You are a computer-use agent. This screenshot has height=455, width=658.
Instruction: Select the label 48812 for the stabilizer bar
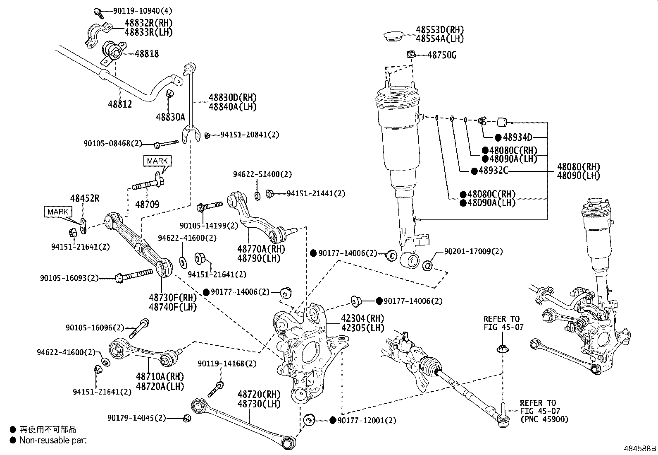[120, 104]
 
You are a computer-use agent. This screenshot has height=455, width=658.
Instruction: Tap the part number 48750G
[441, 55]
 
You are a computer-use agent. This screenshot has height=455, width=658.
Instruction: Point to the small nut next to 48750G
[410, 54]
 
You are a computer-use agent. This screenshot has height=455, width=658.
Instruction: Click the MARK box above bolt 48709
[157, 161]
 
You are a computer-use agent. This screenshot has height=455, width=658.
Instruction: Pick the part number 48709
[147, 204]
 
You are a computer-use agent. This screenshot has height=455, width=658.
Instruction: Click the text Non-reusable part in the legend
[53, 441]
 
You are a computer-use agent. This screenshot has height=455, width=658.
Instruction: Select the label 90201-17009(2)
[473, 251]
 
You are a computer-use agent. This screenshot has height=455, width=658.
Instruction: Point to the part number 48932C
[493, 170]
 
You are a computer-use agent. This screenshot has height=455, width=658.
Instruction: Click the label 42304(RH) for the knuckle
[362, 318]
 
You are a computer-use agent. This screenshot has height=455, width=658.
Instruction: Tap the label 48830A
[170, 117]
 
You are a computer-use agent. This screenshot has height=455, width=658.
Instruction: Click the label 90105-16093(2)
[69, 278]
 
